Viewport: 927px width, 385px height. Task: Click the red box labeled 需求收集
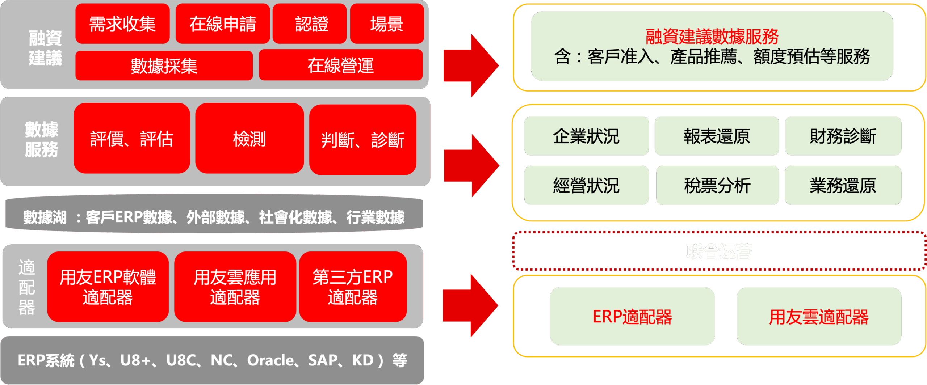coord(122,24)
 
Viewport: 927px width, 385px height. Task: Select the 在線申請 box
coord(222,24)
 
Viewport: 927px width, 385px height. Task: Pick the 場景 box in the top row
coord(386,24)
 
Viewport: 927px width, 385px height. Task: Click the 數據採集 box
coord(164,65)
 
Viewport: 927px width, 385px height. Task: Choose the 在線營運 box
coord(340,65)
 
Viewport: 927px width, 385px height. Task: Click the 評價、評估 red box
coord(131,138)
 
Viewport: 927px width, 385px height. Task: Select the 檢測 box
coord(249,138)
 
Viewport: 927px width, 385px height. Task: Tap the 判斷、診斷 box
coord(362,140)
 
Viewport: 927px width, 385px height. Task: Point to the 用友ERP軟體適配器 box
coord(108,287)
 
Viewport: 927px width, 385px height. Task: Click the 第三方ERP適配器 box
coord(353,287)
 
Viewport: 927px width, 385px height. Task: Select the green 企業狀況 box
coord(586,136)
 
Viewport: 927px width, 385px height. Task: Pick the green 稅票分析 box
coord(717,185)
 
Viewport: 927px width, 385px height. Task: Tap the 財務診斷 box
coord(843,136)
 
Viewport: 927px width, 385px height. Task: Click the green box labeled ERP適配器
coord(632,316)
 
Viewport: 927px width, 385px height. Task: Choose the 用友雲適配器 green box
coord(818,316)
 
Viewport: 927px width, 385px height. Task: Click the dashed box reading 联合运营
coord(719,251)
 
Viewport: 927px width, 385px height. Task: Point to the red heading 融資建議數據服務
coord(712,36)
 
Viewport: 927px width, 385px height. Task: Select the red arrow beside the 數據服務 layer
coord(471,165)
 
